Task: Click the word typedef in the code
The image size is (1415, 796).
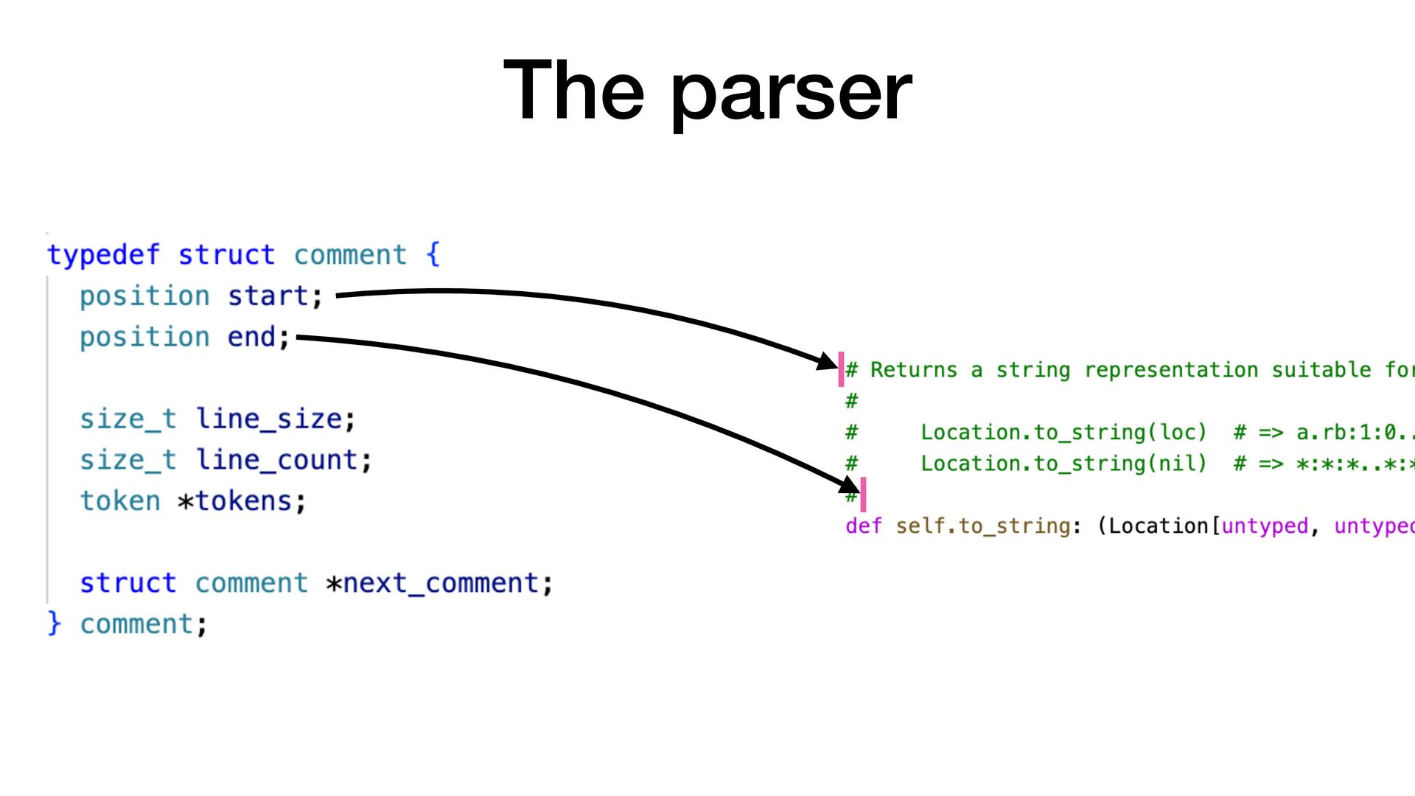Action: (103, 255)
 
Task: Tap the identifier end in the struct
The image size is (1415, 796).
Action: (251, 338)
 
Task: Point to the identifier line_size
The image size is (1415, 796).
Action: (269, 419)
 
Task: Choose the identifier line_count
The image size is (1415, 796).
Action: (277, 461)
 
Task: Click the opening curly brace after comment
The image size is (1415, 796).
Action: (433, 255)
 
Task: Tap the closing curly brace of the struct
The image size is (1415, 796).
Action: (54, 624)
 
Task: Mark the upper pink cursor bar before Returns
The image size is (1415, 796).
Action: (841, 369)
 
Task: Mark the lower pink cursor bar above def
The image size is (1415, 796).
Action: (863, 495)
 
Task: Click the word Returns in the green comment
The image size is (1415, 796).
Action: (914, 370)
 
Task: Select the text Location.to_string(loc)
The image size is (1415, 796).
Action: (1063, 433)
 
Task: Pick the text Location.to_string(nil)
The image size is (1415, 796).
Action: (1063, 464)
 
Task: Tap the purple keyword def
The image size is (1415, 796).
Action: (863, 526)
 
